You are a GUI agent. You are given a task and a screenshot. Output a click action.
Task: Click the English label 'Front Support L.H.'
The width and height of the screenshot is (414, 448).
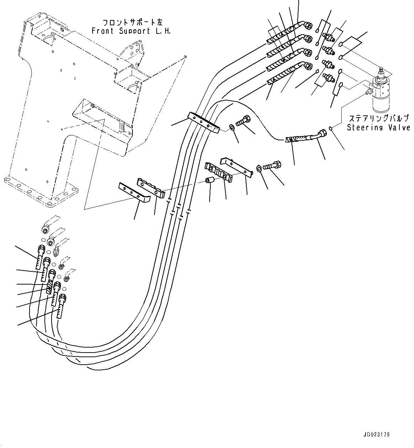click(x=131, y=31)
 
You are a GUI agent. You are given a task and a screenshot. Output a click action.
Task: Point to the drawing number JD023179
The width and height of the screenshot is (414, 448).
click(x=377, y=435)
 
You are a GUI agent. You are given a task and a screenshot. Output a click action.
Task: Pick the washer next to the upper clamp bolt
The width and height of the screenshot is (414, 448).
click(x=232, y=126)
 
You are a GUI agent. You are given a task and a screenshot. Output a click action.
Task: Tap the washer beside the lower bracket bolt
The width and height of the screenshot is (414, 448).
click(x=259, y=168)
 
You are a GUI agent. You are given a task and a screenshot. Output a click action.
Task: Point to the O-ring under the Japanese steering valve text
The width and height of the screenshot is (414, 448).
click(x=331, y=129)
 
